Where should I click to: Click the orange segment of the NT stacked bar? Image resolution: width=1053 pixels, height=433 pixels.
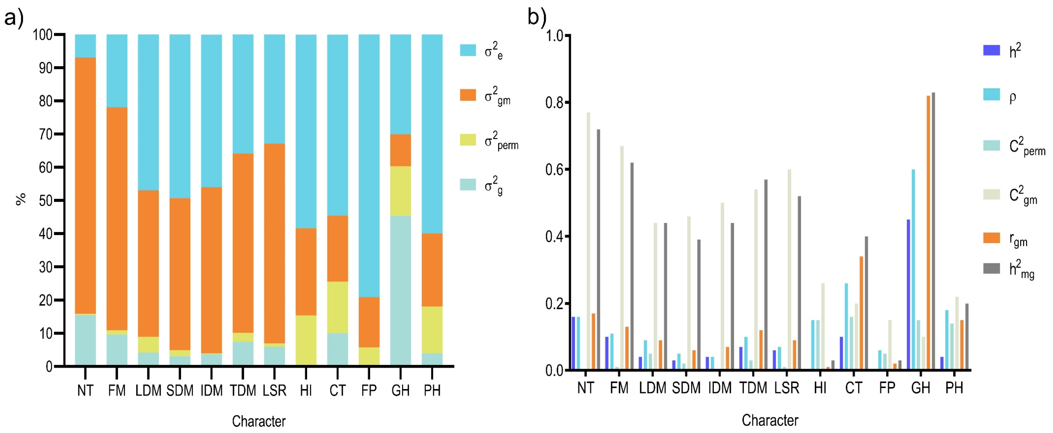pyautogui.click(x=86, y=186)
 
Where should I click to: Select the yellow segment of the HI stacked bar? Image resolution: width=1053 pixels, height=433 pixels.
pyautogui.click(x=306, y=340)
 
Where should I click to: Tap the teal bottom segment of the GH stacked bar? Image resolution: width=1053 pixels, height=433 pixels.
pyautogui.click(x=401, y=290)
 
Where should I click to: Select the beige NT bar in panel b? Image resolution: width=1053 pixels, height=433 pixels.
pyautogui.click(x=588, y=241)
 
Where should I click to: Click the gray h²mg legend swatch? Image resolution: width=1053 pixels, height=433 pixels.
pyautogui.click(x=991, y=268)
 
